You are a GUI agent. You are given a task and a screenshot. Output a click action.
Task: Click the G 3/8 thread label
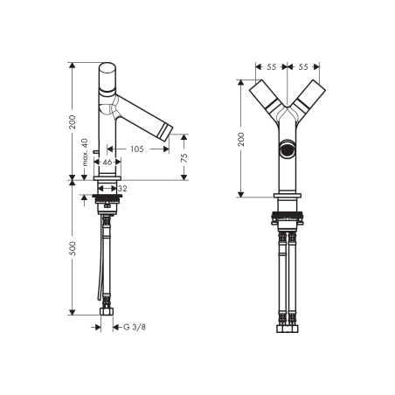133,327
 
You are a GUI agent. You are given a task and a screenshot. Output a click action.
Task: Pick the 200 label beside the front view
241,137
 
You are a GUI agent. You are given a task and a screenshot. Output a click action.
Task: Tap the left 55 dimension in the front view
271,66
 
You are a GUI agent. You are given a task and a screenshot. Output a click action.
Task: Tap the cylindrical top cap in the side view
107,76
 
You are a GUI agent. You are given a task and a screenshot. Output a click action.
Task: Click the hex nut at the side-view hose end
108,311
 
